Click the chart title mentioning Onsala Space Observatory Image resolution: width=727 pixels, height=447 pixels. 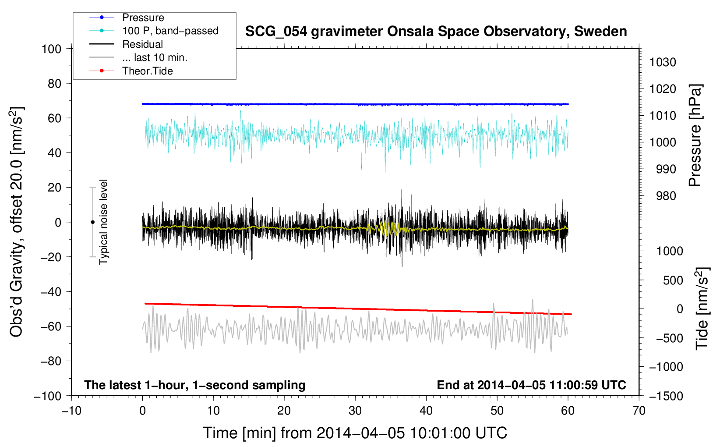tap(436, 32)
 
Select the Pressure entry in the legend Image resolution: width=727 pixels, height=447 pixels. tap(143, 18)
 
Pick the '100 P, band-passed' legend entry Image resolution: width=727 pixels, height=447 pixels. tap(170, 31)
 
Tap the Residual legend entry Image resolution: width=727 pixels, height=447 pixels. tap(142, 44)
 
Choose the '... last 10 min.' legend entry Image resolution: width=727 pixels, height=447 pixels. tap(155, 58)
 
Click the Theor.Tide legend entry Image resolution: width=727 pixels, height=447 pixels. tap(147, 71)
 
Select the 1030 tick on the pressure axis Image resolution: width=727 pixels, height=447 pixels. tap(663, 62)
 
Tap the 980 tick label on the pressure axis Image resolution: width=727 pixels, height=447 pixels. tap(666, 196)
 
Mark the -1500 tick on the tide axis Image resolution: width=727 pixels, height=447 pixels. tap(666, 396)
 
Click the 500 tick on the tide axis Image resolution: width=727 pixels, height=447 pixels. tap(673, 280)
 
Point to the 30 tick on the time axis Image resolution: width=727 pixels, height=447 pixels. tap(355, 411)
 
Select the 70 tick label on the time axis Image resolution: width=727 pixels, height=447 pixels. tap(639, 411)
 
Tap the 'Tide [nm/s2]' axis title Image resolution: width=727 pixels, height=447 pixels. tap(702, 308)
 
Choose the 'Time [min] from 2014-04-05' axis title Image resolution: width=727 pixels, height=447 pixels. tap(355, 433)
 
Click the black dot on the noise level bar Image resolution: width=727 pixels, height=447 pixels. tap(92, 222)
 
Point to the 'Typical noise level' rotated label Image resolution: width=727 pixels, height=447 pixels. tap(103, 222)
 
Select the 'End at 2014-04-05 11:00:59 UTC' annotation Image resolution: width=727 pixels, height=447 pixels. tap(531, 385)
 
